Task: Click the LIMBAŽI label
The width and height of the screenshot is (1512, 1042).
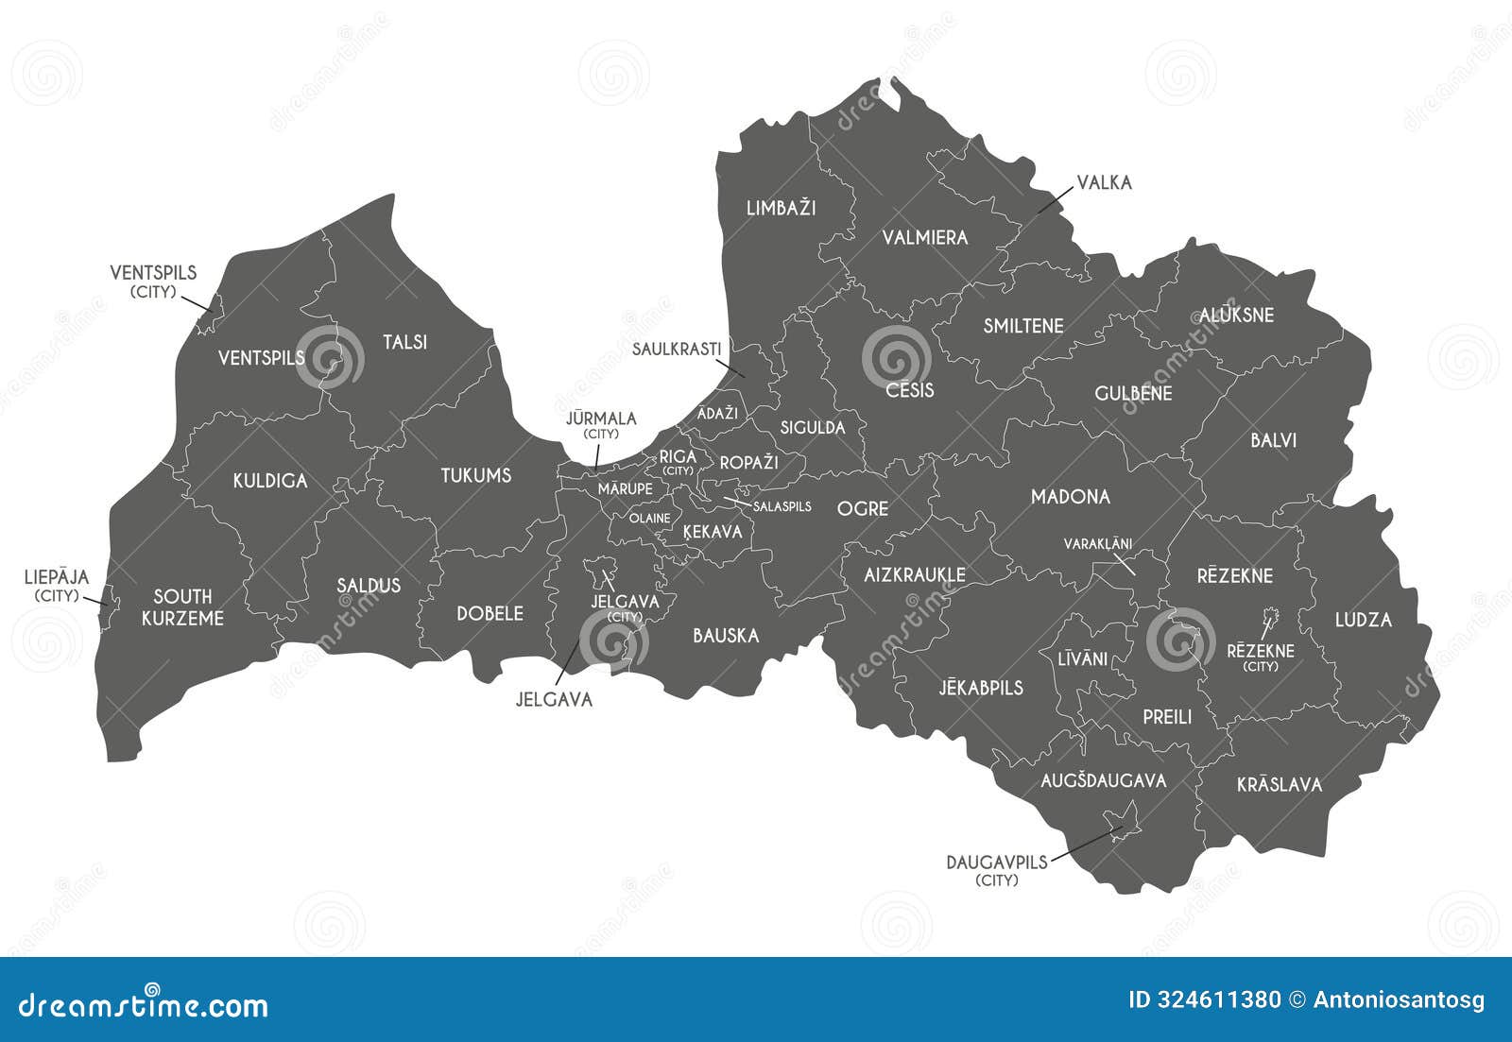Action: (x=781, y=208)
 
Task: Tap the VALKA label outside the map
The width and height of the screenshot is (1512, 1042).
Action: (x=1104, y=182)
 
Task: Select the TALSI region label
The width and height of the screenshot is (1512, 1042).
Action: (x=404, y=342)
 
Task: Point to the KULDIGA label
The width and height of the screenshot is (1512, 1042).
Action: (x=270, y=481)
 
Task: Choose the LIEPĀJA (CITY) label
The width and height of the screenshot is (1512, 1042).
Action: (x=57, y=585)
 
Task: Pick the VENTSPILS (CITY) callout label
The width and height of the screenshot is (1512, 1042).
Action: (x=153, y=281)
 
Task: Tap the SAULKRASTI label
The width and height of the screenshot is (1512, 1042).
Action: (x=677, y=349)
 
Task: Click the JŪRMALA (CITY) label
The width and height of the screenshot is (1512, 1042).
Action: (x=601, y=424)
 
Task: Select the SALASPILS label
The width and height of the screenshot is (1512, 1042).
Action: (x=782, y=506)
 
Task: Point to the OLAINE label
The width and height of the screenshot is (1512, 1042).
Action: (x=650, y=519)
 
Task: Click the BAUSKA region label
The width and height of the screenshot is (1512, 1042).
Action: (x=726, y=636)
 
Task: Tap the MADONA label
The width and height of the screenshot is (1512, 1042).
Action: (x=1070, y=497)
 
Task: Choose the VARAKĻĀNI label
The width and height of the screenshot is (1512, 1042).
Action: (x=1097, y=544)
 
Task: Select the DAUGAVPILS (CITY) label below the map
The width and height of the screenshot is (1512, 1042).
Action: (x=997, y=870)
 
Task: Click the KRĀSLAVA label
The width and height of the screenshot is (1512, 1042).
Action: (x=1280, y=785)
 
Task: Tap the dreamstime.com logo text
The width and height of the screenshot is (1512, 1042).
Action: (x=144, y=1005)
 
